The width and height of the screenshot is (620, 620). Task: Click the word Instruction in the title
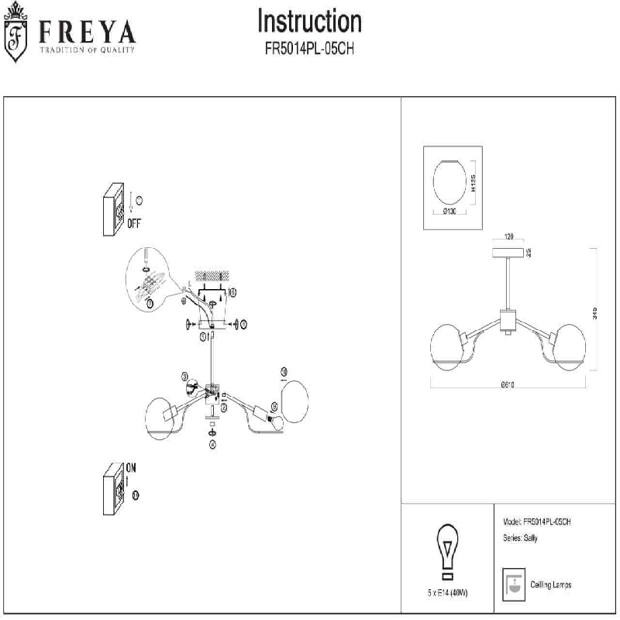click(309, 21)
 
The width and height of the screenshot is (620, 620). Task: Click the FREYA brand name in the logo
click(84, 32)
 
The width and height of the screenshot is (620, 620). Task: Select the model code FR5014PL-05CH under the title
click(309, 47)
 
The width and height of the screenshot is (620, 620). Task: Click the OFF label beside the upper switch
click(133, 222)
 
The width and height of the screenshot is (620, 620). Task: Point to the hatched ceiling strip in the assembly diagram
click(215, 275)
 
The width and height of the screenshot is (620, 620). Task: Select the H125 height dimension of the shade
click(473, 184)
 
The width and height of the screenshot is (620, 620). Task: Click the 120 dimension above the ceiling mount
click(509, 237)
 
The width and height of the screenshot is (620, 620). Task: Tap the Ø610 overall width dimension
click(508, 384)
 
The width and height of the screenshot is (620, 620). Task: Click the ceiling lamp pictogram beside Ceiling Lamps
click(511, 584)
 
